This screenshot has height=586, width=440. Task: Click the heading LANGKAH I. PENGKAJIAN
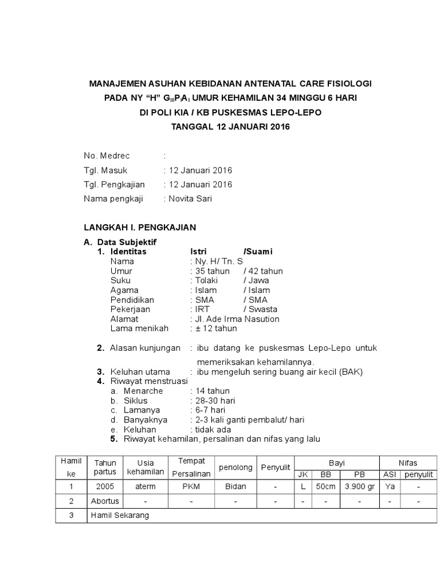140,227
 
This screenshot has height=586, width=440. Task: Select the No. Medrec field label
107,156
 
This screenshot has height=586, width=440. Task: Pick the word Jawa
258,280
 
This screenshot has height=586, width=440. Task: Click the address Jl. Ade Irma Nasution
237,319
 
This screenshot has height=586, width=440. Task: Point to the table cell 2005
105,486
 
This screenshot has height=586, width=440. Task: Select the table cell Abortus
105,501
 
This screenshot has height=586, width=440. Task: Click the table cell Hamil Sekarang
120,515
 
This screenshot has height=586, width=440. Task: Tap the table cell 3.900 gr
359,486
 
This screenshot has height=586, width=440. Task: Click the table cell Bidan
235,486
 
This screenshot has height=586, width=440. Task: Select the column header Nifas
408,462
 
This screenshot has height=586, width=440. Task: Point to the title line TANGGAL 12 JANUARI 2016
231,126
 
